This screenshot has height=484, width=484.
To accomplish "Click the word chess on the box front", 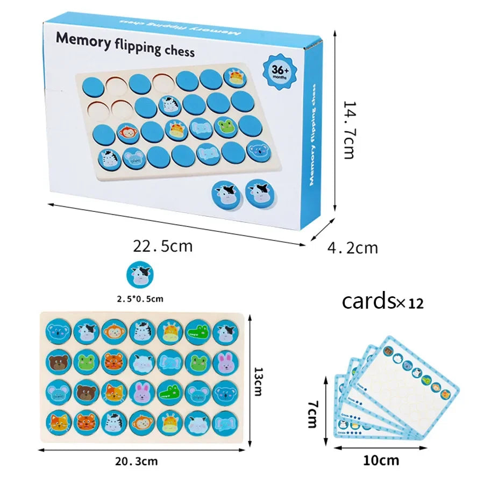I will (x=177, y=51).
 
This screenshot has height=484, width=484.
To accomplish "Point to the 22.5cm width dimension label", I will (x=162, y=246).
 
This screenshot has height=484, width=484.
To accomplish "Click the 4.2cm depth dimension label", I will (x=352, y=248).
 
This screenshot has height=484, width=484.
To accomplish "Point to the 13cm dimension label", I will (x=259, y=382).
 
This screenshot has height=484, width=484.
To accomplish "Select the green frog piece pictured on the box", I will (x=225, y=126).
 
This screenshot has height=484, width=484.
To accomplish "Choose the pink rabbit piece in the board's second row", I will (x=224, y=362).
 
